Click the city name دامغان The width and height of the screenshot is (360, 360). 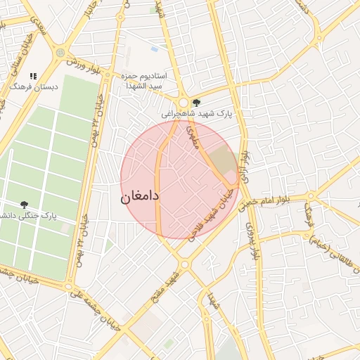[x=141, y=196]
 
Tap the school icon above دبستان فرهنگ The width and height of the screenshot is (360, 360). [x=33, y=76]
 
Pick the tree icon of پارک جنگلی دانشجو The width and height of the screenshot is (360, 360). [x=25, y=205]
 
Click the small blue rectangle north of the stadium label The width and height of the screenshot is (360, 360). [x=154, y=49]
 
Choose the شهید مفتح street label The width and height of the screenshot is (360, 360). [x=169, y=285]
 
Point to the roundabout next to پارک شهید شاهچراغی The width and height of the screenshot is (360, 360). [x=184, y=103]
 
